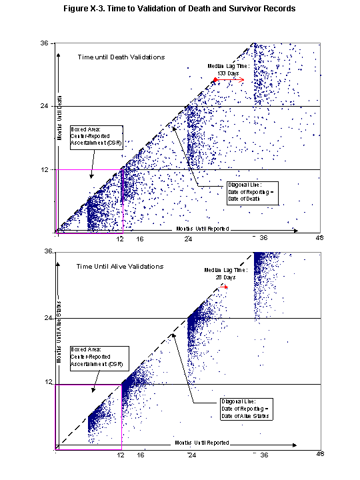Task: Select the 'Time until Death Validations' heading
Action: [121, 57]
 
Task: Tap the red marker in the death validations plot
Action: [215, 80]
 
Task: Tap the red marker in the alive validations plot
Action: [225, 287]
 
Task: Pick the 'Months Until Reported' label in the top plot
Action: [202, 228]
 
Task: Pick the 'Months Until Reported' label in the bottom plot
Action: [202, 442]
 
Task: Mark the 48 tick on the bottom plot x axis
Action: [320, 454]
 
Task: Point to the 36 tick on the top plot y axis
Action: [45, 43]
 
